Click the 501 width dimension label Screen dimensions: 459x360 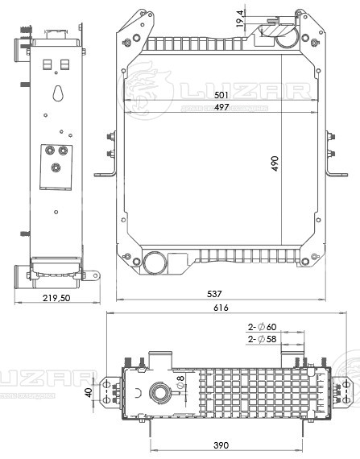click(222, 95)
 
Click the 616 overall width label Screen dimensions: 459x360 click(221, 308)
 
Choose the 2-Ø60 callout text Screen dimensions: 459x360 click(262, 327)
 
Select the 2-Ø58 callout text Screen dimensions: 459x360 click(262, 341)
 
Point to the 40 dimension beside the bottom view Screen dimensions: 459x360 click(88, 392)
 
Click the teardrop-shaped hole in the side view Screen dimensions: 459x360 click(57, 94)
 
